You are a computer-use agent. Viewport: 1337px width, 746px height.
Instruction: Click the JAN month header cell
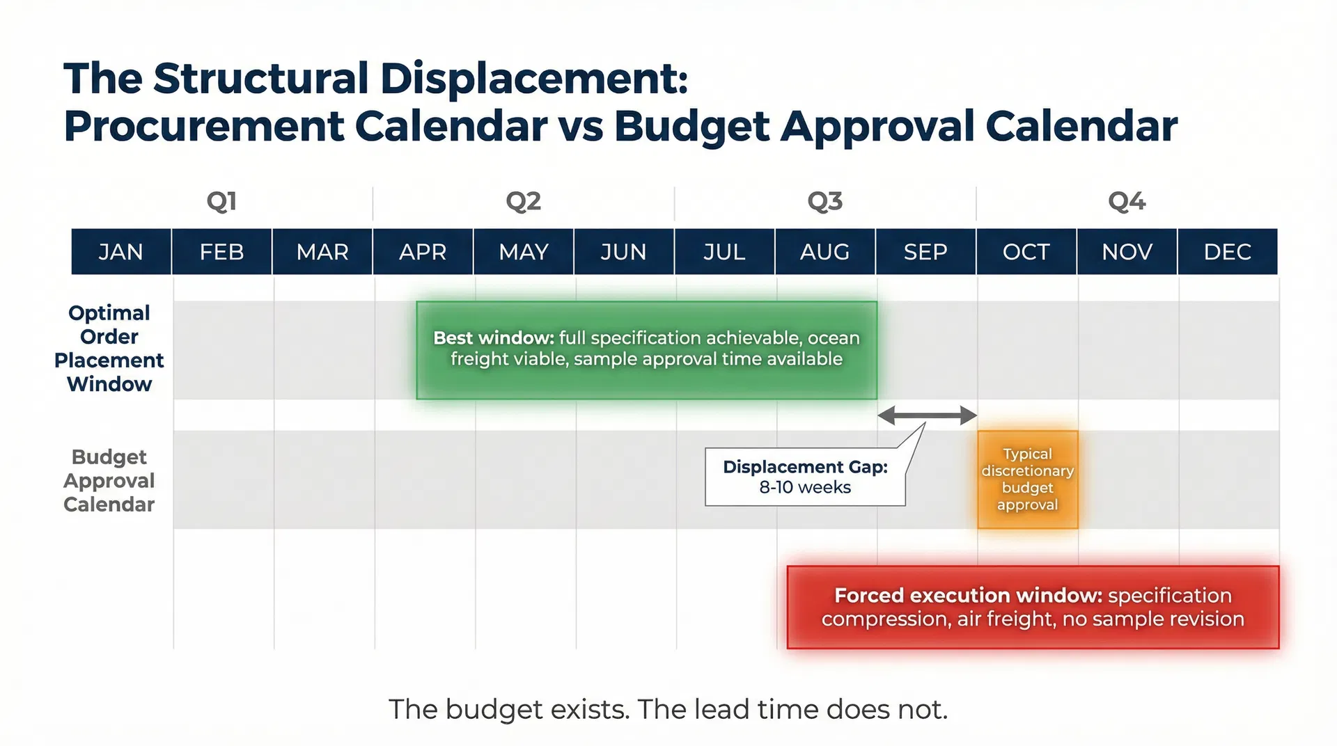121,251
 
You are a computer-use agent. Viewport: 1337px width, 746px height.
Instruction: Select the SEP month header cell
925,251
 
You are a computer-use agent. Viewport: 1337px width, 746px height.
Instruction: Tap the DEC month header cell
1227,251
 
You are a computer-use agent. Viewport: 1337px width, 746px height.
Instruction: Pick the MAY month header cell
524,251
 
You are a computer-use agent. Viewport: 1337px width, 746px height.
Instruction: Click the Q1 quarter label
221,202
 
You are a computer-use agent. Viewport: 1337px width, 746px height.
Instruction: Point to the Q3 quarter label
824,202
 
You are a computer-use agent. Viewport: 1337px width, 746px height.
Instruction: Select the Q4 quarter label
1126,202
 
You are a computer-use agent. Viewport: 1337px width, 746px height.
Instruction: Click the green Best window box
646,350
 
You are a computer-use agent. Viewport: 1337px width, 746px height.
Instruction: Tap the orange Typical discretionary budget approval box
1027,479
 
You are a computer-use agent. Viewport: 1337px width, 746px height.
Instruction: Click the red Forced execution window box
1032,607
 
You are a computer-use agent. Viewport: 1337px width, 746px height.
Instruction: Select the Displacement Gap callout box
805,477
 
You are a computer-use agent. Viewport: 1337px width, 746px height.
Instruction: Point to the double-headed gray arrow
927,415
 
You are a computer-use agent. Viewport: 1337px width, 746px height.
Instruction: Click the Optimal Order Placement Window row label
109,348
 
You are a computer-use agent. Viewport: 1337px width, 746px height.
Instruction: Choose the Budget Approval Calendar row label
109,480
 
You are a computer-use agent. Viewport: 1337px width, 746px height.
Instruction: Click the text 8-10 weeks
805,487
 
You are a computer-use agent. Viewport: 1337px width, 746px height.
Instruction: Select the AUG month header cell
824,251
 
